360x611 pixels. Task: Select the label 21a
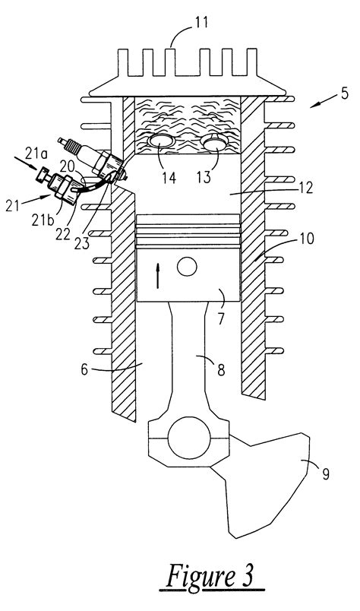coord(22,157)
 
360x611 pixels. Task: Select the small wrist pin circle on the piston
coord(186,267)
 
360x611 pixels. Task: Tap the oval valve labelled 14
coord(161,142)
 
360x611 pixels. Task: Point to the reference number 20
coord(67,166)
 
